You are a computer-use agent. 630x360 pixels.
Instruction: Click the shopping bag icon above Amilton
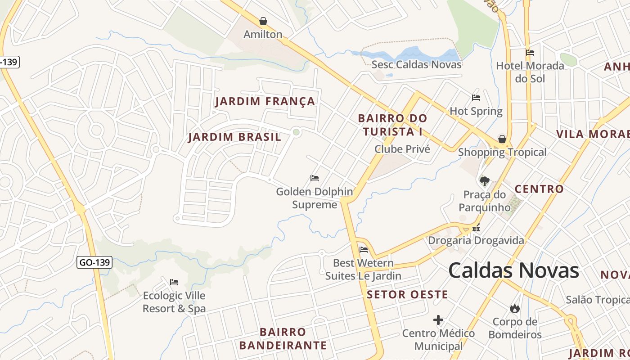coord(263,21)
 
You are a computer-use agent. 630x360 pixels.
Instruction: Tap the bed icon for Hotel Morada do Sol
coord(530,53)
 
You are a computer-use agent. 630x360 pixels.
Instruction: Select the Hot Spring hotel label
coord(476,111)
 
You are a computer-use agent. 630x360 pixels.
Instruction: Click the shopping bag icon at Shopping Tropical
coord(502,139)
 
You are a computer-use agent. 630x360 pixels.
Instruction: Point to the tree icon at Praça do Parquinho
coord(485,181)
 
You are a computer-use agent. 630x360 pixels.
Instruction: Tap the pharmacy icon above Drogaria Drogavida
coord(476,228)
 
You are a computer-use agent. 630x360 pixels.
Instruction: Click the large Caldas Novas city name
coord(513,270)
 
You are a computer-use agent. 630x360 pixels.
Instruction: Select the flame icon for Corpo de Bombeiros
coord(515,308)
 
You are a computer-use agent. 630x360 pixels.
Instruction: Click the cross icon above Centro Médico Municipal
coord(438,320)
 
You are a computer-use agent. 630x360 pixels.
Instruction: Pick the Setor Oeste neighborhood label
coord(407,295)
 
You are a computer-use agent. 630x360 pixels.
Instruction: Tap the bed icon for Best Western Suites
coord(364,249)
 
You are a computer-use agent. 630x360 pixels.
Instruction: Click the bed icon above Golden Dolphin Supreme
coord(315,178)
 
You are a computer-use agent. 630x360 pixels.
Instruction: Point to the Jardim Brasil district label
coord(234,137)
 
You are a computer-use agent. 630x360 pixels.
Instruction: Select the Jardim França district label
coord(265,101)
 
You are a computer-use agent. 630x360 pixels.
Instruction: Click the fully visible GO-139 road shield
coord(94,262)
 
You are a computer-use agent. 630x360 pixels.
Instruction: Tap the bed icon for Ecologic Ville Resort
coord(174,282)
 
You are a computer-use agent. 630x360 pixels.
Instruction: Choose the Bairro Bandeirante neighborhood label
coord(283,339)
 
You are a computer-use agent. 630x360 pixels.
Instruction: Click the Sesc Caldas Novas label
coord(416,64)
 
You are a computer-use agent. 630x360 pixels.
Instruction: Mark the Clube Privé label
coord(402,149)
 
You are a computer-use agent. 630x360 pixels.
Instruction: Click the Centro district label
coord(539,189)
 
